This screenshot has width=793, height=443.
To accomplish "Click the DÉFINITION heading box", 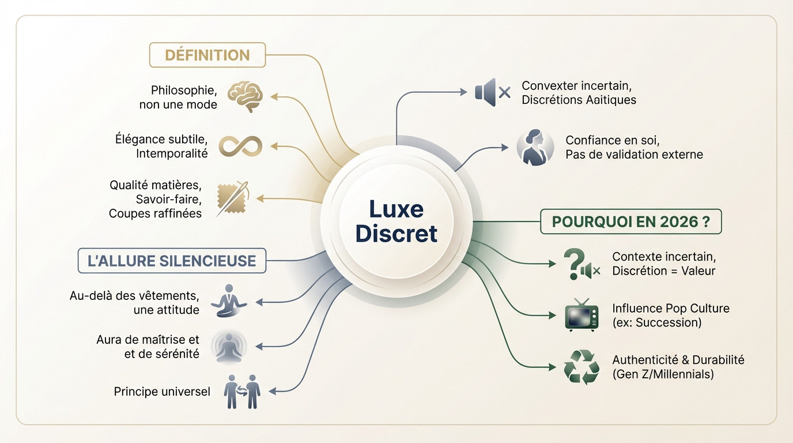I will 207,55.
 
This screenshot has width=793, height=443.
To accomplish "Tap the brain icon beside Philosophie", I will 246,96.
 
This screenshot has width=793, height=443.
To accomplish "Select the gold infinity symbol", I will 240,146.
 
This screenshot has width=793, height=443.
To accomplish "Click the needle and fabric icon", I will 232,198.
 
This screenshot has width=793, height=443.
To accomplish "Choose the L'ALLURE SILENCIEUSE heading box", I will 172,261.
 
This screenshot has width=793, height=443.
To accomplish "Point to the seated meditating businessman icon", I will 229,301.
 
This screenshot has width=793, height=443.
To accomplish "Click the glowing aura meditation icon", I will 229,346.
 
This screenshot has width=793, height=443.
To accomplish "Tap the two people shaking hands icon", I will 242,392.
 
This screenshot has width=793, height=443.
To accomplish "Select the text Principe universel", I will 162,392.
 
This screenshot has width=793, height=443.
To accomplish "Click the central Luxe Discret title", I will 396,221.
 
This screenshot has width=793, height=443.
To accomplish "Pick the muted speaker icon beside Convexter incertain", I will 492,92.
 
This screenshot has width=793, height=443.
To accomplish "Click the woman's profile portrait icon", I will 531,147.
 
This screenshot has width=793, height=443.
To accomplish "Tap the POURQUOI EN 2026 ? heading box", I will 630,221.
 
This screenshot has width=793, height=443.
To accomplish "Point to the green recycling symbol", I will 581,367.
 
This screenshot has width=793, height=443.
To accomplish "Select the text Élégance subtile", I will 161,140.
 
